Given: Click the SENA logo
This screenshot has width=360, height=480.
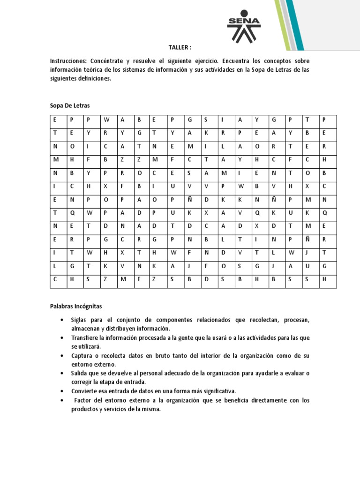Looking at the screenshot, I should click(x=243, y=26).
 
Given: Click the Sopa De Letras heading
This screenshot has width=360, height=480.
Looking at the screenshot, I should click(x=69, y=106).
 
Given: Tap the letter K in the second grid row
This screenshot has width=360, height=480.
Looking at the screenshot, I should click(x=205, y=133).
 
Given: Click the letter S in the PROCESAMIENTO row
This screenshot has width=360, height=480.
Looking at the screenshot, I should click(x=189, y=172).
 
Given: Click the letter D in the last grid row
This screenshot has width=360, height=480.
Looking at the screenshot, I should click(x=206, y=279).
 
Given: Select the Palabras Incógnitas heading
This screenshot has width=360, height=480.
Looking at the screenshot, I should click(x=76, y=306).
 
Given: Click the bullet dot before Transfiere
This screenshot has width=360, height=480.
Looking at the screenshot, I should click(x=62, y=338).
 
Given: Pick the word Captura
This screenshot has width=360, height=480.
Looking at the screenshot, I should click(x=82, y=356).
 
